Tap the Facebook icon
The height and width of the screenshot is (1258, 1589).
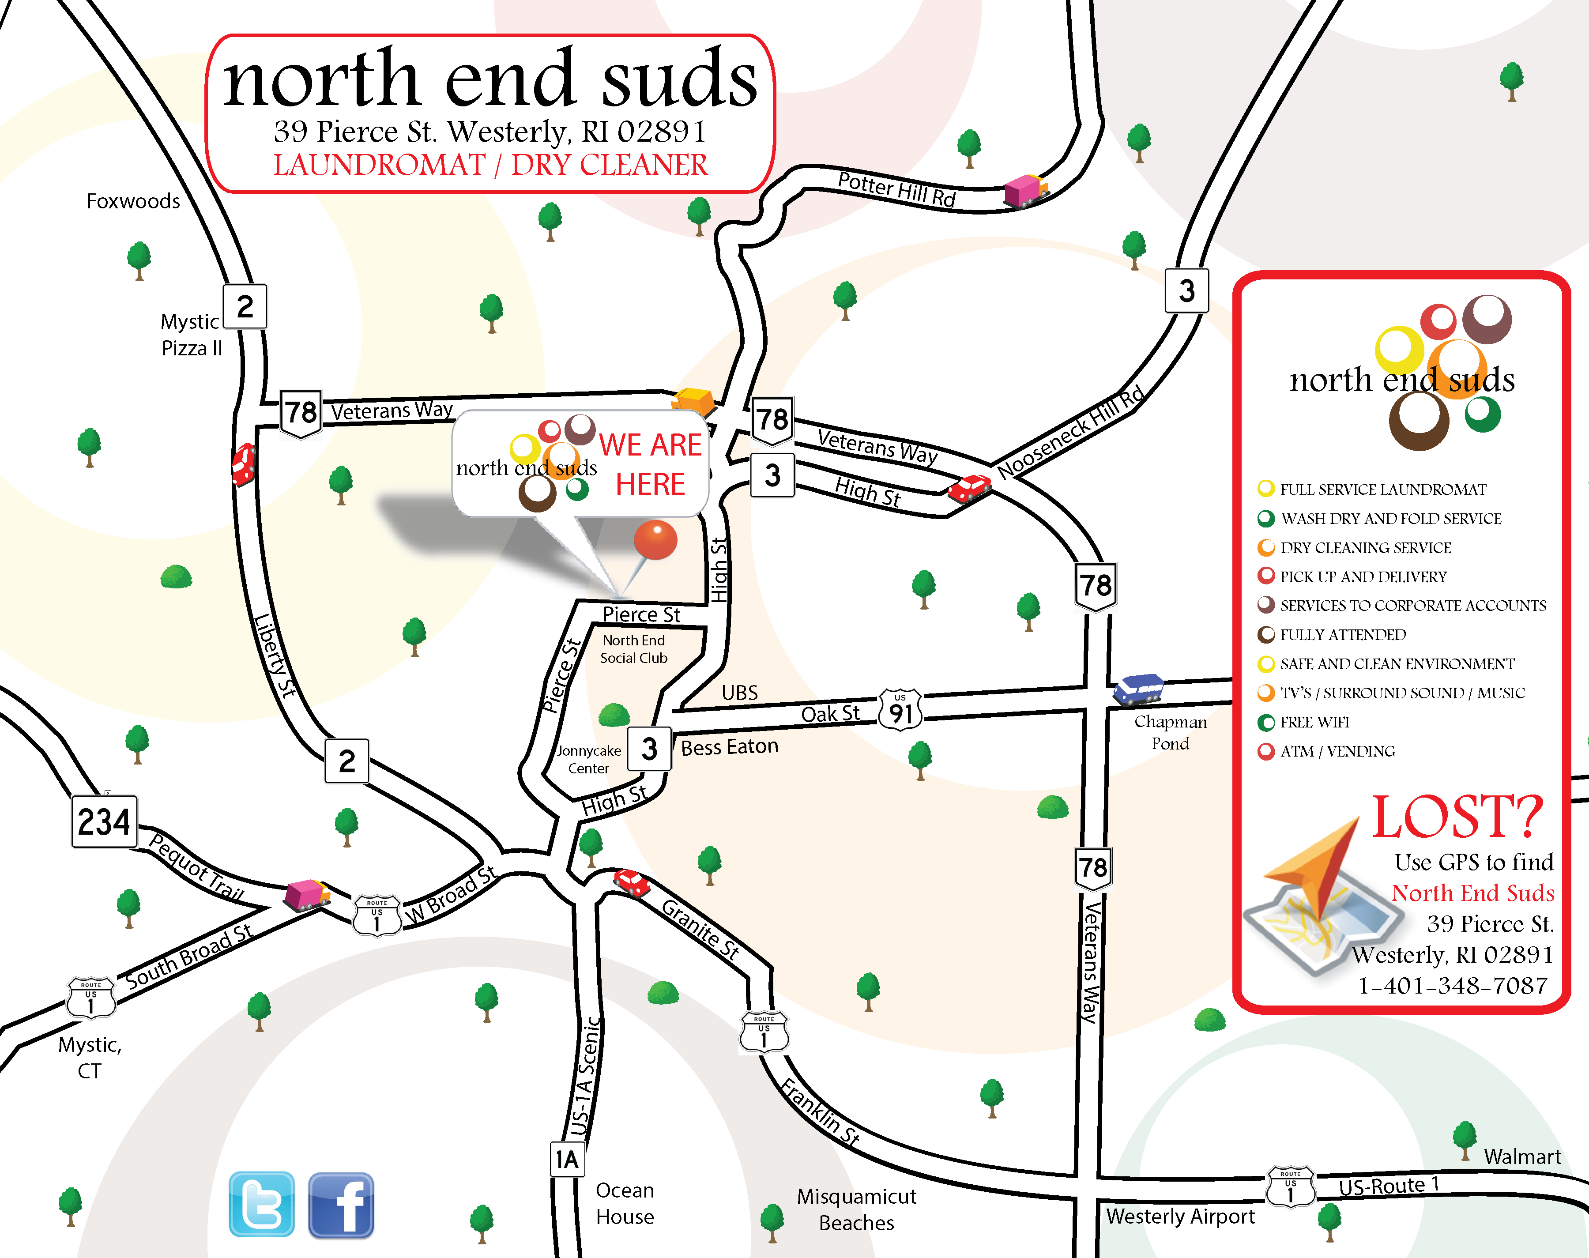click(x=340, y=1205)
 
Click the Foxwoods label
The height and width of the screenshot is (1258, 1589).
click(x=133, y=201)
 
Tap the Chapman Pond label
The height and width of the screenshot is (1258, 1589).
click(x=1170, y=732)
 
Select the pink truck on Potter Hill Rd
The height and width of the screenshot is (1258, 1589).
click(x=1025, y=191)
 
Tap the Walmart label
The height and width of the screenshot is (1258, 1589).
click(x=1522, y=1156)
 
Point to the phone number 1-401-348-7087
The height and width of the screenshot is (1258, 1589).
click(x=1452, y=986)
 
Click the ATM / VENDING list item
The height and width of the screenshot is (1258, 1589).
click(x=1337, y=751)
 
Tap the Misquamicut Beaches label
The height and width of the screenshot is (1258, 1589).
click(x=856, y=1209)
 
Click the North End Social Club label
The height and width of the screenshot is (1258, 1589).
click(x=633, y=649)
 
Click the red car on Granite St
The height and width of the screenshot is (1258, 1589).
click(x=631, y=881)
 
